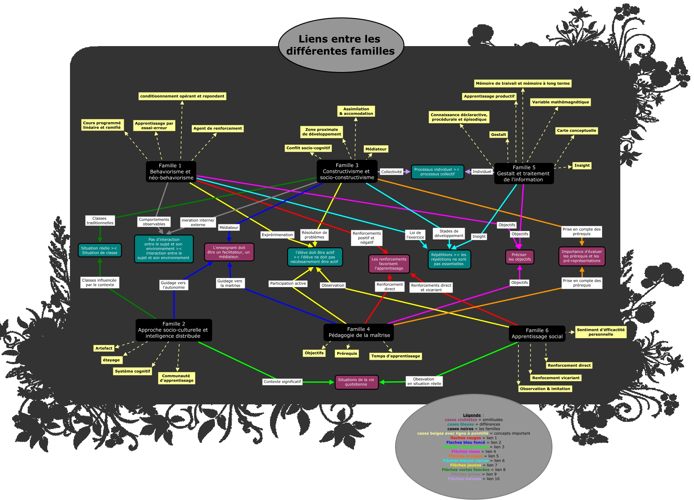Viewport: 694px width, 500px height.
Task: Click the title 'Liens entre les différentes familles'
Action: coord(341,45)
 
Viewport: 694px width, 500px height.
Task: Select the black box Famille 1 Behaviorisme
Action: coord(171,172)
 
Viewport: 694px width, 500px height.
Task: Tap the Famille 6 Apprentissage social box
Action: coord(537,333)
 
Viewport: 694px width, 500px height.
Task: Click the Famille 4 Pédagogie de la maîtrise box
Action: coord(359,332)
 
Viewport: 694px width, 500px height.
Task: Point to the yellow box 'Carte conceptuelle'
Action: coord(576,131)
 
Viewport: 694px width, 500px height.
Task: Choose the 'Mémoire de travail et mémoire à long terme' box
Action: coord(523,83)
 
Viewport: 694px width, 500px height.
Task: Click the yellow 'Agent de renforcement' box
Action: coord(217,128)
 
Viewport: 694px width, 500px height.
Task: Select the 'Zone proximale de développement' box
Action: coord(322,132)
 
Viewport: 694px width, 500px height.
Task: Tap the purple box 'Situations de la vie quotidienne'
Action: coord(356,382)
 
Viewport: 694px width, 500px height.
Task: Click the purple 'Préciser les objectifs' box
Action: coord(519,257)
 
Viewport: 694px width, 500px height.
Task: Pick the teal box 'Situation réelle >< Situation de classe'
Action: coord(100,250)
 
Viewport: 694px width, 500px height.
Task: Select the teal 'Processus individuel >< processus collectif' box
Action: coord(437,172)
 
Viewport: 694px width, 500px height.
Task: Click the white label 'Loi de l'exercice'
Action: coord(415,235)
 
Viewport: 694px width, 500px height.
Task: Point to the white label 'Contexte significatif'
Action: coord(282,382)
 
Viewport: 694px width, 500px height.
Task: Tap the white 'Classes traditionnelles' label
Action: coord(100,221)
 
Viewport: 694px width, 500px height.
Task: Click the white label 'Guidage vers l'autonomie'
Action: coord(173,285)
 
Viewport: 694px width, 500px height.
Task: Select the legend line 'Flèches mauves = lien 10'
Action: coord(473,479)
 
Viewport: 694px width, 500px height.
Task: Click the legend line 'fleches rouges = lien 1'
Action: coord(473,438)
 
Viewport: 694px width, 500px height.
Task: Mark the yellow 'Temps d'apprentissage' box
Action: coord(395,356)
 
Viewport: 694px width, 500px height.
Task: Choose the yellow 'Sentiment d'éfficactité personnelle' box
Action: coord(600,332)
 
